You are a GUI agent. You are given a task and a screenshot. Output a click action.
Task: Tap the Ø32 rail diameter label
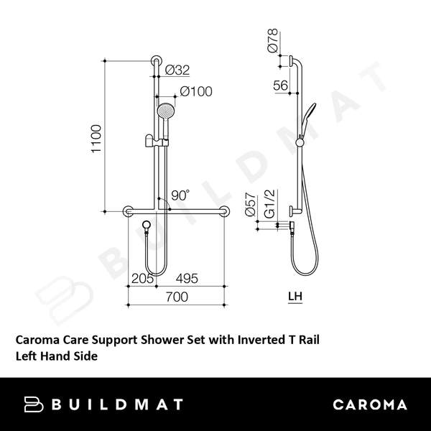[x=177, y=70]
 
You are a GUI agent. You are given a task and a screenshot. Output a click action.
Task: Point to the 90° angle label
[x=180, y=194]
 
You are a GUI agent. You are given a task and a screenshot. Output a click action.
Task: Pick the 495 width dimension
[x=186, y=278]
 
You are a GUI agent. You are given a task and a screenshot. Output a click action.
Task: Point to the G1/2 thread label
[x=270, y=205]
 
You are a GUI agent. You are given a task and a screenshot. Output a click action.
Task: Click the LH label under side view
[x=295, y=295]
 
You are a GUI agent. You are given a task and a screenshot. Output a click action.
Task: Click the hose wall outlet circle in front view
[x=147, y=226]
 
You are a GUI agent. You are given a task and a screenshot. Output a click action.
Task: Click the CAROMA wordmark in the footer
[x=369, y=404]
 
